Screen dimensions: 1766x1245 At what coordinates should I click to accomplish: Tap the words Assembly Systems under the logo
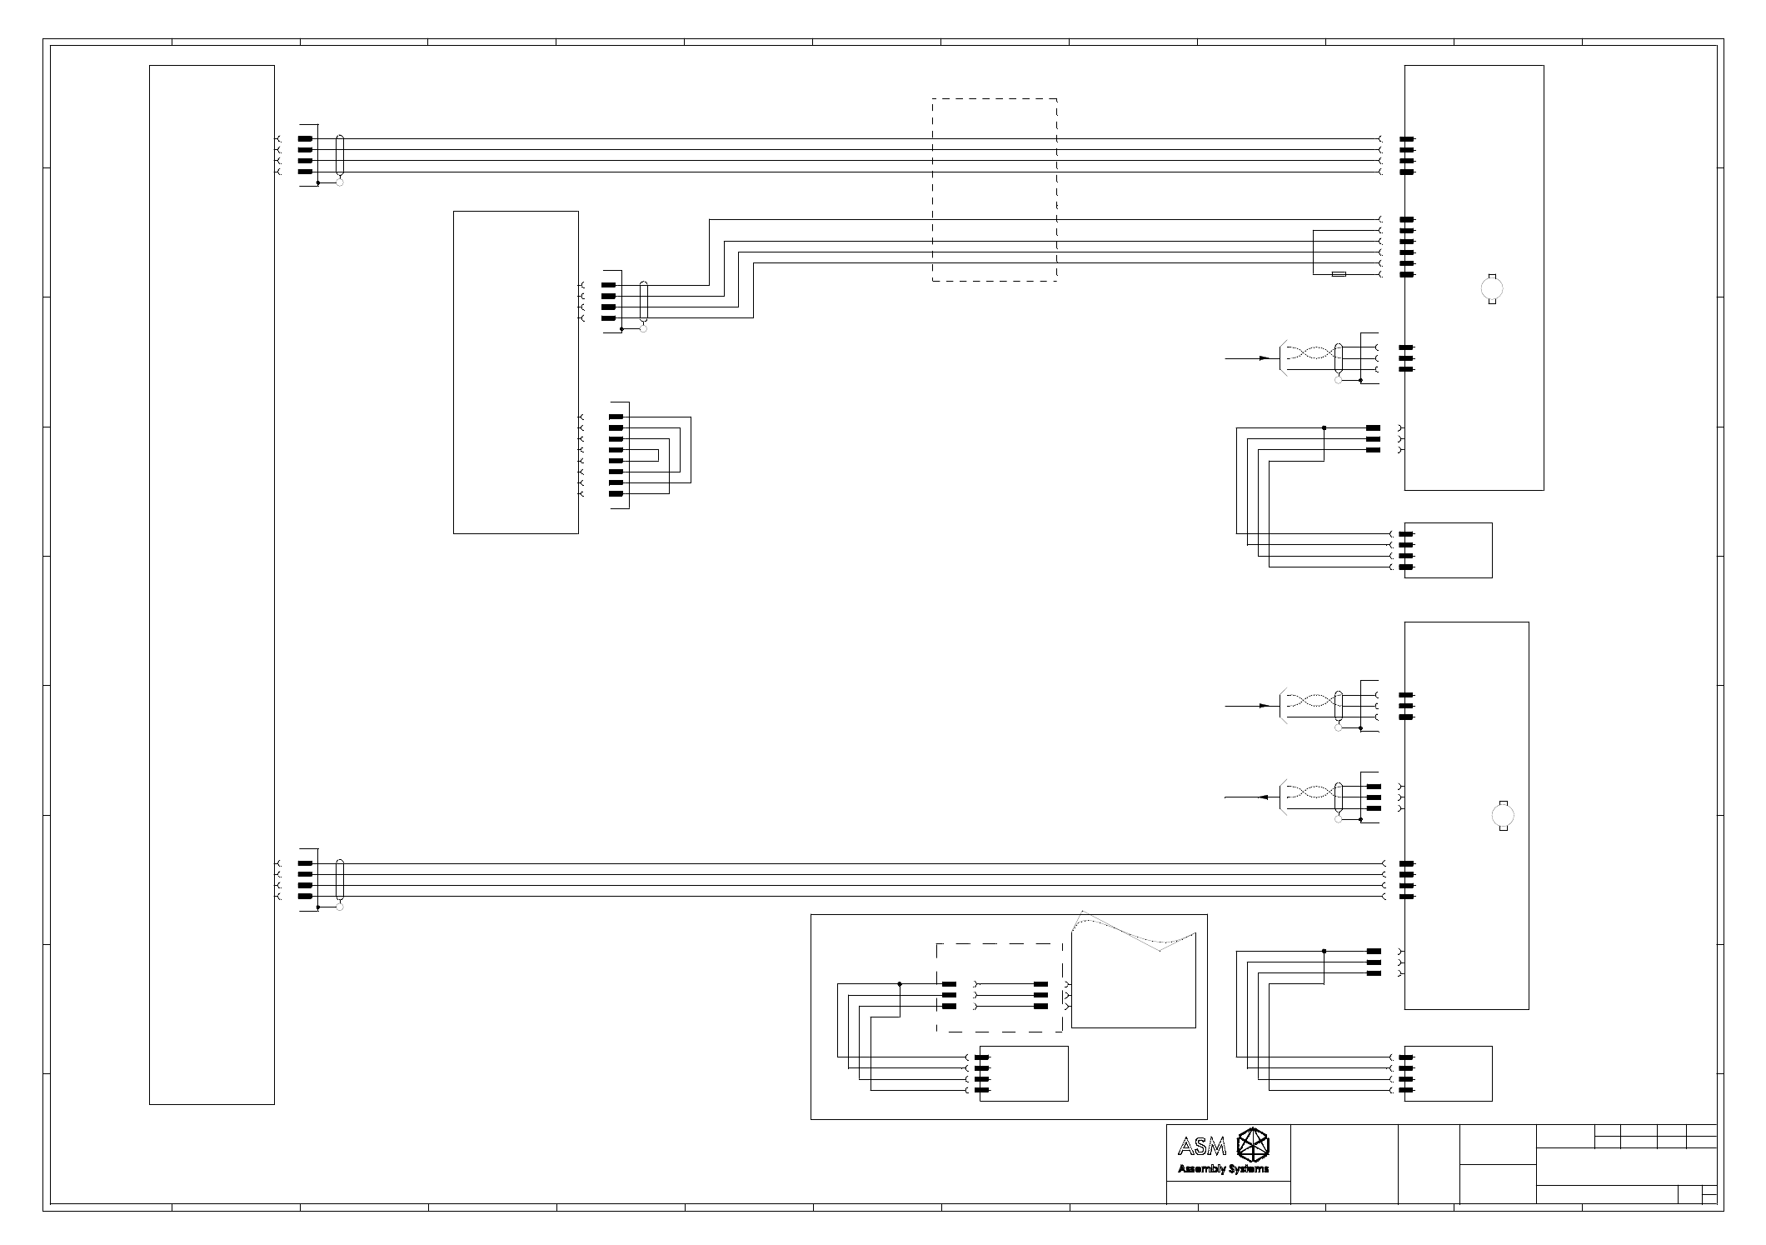(1223, 1169)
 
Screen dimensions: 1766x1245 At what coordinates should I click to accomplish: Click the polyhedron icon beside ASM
(1253, 1145)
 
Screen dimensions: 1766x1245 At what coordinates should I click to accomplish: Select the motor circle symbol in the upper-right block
(1492, 288)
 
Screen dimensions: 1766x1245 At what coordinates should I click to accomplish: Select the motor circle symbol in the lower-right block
(1504, 816)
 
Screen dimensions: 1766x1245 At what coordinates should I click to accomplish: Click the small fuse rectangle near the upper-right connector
(1339, 274)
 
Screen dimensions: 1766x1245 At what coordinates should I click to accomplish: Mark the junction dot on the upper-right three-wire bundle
(1324, 427)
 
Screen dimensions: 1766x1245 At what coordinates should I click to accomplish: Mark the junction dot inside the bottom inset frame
(900, 984)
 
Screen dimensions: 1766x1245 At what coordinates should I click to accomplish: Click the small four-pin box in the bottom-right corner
(1448, 1073)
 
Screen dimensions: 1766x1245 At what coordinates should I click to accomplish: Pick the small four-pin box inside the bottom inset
(1024, 1073)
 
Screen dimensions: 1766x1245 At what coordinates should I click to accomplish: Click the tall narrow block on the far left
(212, 585)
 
